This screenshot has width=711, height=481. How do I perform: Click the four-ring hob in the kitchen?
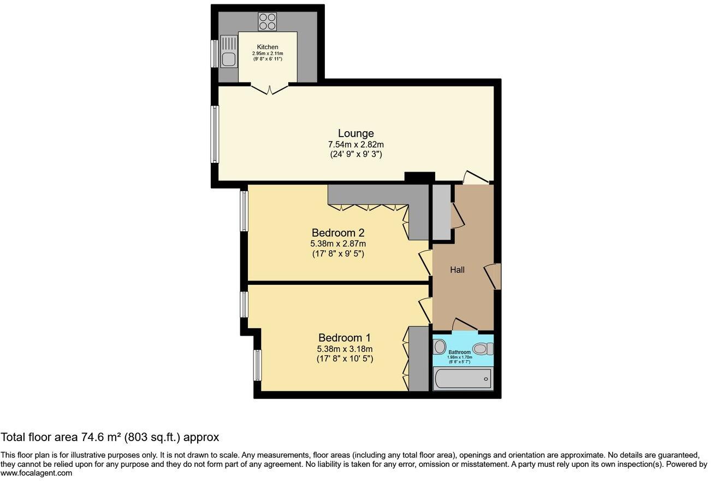tap(267, 21)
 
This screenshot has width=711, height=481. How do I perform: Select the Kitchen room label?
tap(268, 48)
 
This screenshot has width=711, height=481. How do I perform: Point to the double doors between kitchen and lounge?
tap(270, 87)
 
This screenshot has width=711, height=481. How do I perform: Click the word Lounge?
tap(355, 133)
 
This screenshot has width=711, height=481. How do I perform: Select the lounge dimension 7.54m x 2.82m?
tap(355, 144)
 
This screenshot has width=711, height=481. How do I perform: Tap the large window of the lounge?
tap(215, 134)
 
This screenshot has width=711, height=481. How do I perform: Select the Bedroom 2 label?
tap(337, 232)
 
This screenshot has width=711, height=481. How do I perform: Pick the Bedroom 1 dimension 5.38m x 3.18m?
tap(345, 349)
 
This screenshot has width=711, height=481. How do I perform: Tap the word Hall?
tap(457, 269)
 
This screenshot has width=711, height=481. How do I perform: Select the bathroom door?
tap(465, 326)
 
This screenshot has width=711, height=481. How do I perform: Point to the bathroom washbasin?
tap(440, 346)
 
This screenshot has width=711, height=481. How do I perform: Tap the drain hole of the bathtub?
tap(485, 379)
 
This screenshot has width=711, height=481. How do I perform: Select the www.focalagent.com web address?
tap(36, 473)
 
